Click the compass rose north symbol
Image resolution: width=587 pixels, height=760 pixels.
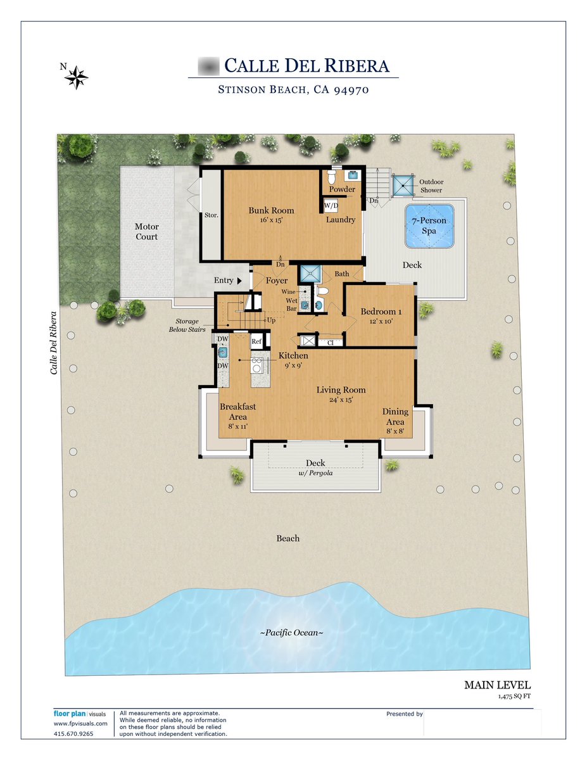pyautogui.click(x=76, y=77)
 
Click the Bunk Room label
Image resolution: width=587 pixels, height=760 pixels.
pyautogui.click(x=271, y=210)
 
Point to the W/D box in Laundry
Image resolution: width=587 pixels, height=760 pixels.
pyautogui.click(x=331, y=206)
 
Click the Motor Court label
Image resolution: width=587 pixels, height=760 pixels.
pyautogui.click(x=146, y=232)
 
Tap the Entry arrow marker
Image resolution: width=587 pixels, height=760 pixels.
pyautogui.click(x=239, y=281)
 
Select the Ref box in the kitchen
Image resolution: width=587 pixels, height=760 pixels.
pyautogui.click(x=256, y=341)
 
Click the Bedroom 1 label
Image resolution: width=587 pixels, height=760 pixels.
pyautogui.click(x=381, y=312)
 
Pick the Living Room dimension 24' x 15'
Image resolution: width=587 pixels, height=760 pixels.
pyautogui.click(x=341, y=400)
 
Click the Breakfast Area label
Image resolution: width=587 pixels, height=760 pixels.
pyautogui.click(x=237, y=412)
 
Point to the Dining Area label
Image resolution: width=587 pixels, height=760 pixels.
pyautogui.click(x=395, y=417)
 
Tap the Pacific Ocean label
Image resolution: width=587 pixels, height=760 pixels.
pyautogui.click(x=292, y=633)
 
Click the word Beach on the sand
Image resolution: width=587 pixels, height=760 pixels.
pyautogui.click(x=287, y=538)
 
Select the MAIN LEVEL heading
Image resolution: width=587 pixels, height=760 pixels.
pyautogui.click(x=497, y=685)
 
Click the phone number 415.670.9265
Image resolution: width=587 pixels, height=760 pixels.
pyautogui.click(x=73, y=734)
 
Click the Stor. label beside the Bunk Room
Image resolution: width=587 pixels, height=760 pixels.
pyautogui.click(x=211, y=215)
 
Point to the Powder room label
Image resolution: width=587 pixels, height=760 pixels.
pyautogui.click(x=342, y=189)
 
